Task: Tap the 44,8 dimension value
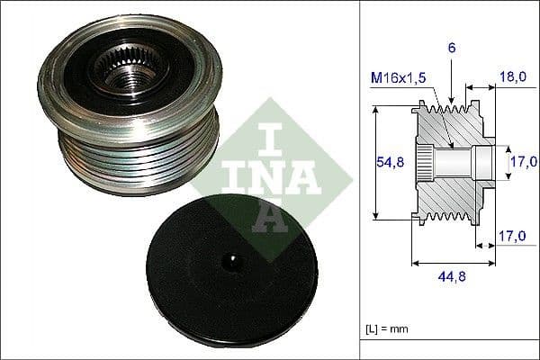(451, 276)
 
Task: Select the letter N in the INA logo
(256, 175)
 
